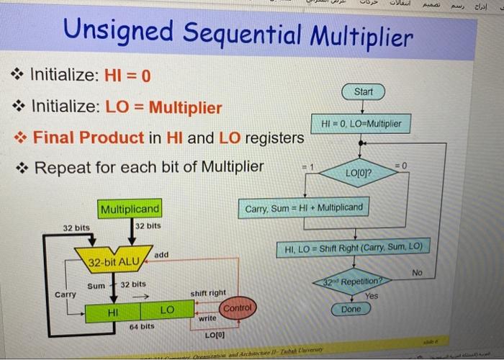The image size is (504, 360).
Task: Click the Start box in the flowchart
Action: [364, 92]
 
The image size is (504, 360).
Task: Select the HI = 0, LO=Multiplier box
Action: [362, 124]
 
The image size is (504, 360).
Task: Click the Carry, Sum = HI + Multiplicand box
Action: [305, 209]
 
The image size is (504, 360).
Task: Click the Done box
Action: [351, 308]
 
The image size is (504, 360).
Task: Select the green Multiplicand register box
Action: [130, 210]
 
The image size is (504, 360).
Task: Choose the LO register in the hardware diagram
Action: [166, 310]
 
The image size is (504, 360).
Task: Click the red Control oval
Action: [238, 308]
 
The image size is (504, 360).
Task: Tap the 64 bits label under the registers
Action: [142, 327]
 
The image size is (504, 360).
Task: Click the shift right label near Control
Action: [208, 293]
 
